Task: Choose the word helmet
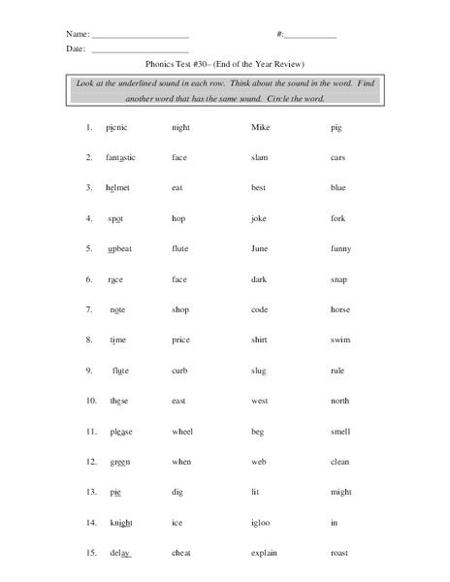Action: coord(117,187)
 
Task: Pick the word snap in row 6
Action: coord(338,279)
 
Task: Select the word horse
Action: coord(341,309)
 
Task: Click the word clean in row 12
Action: coord(341,462)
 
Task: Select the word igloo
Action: coord(263,523)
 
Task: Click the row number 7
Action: coord(87,309)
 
